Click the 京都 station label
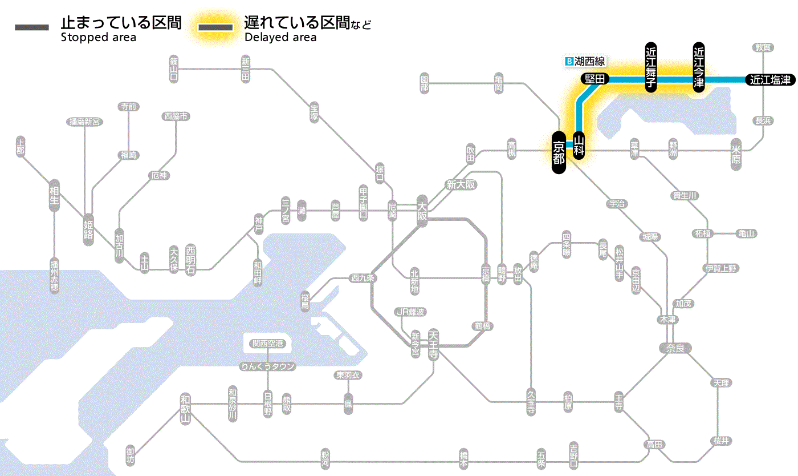559,152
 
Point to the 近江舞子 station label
651,67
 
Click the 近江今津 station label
699,67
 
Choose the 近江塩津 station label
769,80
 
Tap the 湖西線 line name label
589,61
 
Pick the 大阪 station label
422,212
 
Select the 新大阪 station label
461,185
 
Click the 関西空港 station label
267,344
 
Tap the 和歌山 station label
185,410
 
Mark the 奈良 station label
674,348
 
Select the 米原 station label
736,155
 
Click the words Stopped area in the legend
98,38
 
